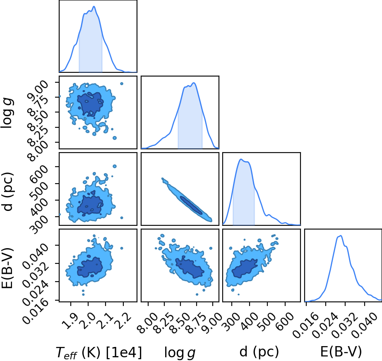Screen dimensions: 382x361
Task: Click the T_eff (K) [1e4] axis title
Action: pos(99,352)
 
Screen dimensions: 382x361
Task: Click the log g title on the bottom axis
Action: pos(180,353)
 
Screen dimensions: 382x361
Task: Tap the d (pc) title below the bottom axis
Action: pos(259,352)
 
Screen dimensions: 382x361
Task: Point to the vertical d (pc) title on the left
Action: pos(7,192)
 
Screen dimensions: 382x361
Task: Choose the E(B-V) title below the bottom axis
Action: pos(341,352)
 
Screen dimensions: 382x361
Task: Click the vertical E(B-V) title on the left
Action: pos(7,268)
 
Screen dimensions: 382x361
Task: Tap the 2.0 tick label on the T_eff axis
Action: pos(87,321)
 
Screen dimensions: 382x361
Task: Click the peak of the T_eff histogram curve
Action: pos(94,6)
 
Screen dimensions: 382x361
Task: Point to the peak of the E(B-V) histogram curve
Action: pos(341,235)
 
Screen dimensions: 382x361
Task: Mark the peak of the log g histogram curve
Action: pos(194,83)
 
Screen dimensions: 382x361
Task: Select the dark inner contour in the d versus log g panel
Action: pos(191,205)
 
